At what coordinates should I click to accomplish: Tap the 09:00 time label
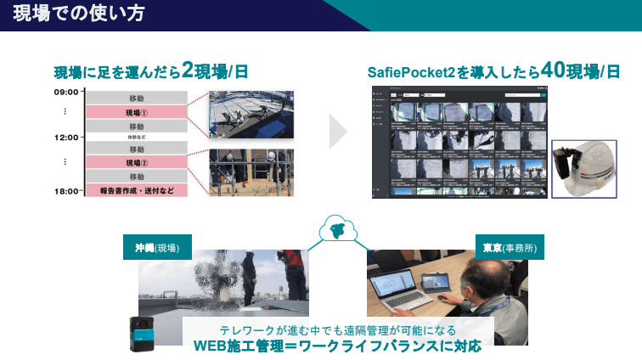click(x=66, y=92)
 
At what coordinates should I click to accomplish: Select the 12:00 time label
click(x=66, y=137)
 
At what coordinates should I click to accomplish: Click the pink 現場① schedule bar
click(x=136, y=112)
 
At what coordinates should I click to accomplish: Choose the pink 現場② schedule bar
click(x=136, y=163)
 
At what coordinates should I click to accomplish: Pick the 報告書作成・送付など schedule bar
click(x=136, y=190)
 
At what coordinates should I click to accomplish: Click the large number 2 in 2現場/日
click(x=187, y=71)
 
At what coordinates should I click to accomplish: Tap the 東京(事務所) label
click(x=510, y=249)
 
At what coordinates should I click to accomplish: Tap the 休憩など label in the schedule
click(x=136, y=137)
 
